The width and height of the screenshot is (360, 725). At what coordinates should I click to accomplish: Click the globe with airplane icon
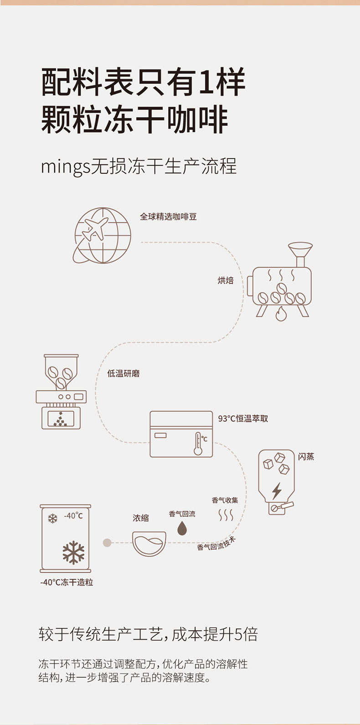click(102, 235)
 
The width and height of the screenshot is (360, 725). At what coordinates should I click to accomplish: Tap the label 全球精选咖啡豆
click(168, 217)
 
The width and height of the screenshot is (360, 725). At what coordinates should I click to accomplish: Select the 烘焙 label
click(226, 280)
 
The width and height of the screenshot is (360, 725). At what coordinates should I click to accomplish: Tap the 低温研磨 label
click(123, 373)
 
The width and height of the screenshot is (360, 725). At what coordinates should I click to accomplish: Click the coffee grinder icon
click(61, 392)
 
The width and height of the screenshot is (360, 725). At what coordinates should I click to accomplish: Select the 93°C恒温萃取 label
click(243, 418)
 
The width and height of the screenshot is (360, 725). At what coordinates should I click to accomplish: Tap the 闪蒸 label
click(306, 456)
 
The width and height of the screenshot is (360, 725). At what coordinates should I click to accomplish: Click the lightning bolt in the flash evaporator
click(277, 491)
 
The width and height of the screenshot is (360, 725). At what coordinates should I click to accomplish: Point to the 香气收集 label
click(225, 500)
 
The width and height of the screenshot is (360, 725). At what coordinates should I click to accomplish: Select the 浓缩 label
click(141, 518)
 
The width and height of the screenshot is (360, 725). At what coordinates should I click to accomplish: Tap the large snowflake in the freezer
click(74, 553)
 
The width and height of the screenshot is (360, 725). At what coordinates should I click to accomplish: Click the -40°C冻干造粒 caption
click(67, 582)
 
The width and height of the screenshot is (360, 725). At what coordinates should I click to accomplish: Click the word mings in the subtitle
click(65, 167)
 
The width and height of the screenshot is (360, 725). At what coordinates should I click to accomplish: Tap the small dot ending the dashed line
click(107, 543)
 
